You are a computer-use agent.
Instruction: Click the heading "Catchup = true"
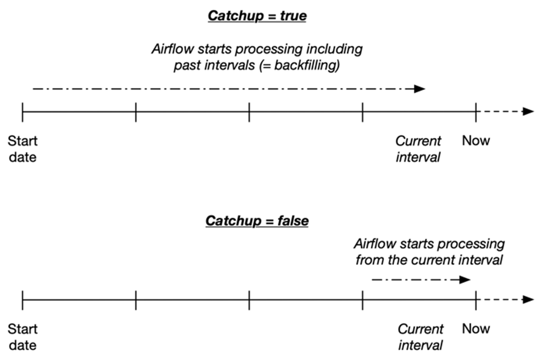[257, 16]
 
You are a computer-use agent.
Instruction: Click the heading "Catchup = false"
[257, 221]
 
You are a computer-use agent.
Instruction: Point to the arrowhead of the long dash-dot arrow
[420, 89]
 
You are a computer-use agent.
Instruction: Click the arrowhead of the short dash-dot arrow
[465, 280]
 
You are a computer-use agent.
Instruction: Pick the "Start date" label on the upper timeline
[23, 149]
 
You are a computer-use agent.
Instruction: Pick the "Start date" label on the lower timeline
[23, 337]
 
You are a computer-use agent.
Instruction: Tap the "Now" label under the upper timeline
[476, 140]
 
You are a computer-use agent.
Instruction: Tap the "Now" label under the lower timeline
[476, 329]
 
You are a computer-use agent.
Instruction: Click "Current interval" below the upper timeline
[418, 149]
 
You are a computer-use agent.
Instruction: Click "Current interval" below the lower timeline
[420, 337]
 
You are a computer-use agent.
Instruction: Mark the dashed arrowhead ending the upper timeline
[528, 112]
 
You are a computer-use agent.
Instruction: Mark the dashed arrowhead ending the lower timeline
[528, 300]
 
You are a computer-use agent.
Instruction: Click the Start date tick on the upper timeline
[23, 112]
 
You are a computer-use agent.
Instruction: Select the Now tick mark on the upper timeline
[476, 112]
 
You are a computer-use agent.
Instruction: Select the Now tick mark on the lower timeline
[476, 300]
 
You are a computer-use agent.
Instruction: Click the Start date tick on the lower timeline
[23, 300]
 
